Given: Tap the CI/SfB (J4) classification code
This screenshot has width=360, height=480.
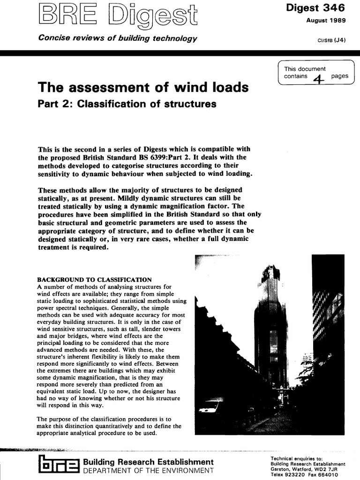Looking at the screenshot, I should [x=331, y=40].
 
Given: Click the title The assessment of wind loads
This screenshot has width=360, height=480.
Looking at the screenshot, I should [x=143, y=87].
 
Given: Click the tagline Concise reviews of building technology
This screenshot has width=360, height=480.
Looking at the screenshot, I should [x=117, y=38].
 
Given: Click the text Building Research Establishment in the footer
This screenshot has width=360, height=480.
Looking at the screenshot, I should [x=148, y=462].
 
